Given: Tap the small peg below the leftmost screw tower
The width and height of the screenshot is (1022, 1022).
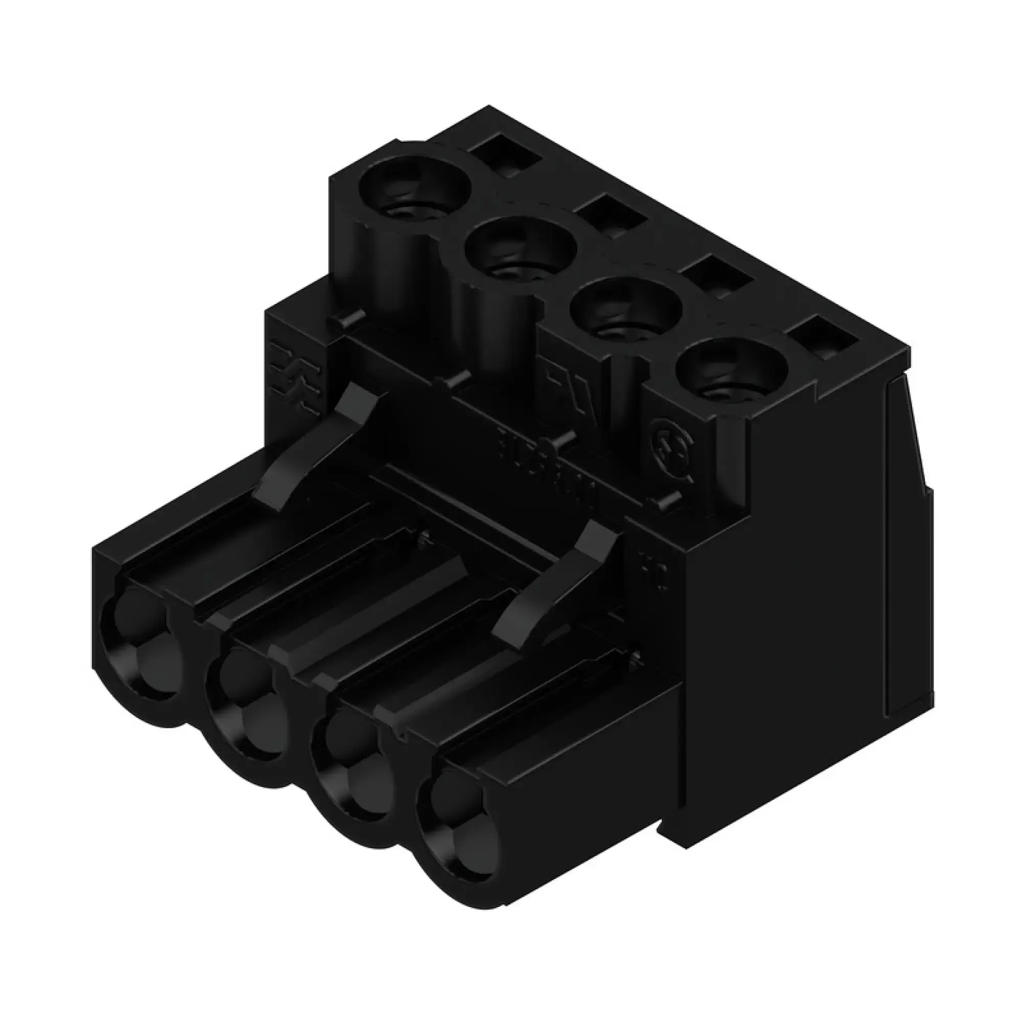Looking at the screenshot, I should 349,319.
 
